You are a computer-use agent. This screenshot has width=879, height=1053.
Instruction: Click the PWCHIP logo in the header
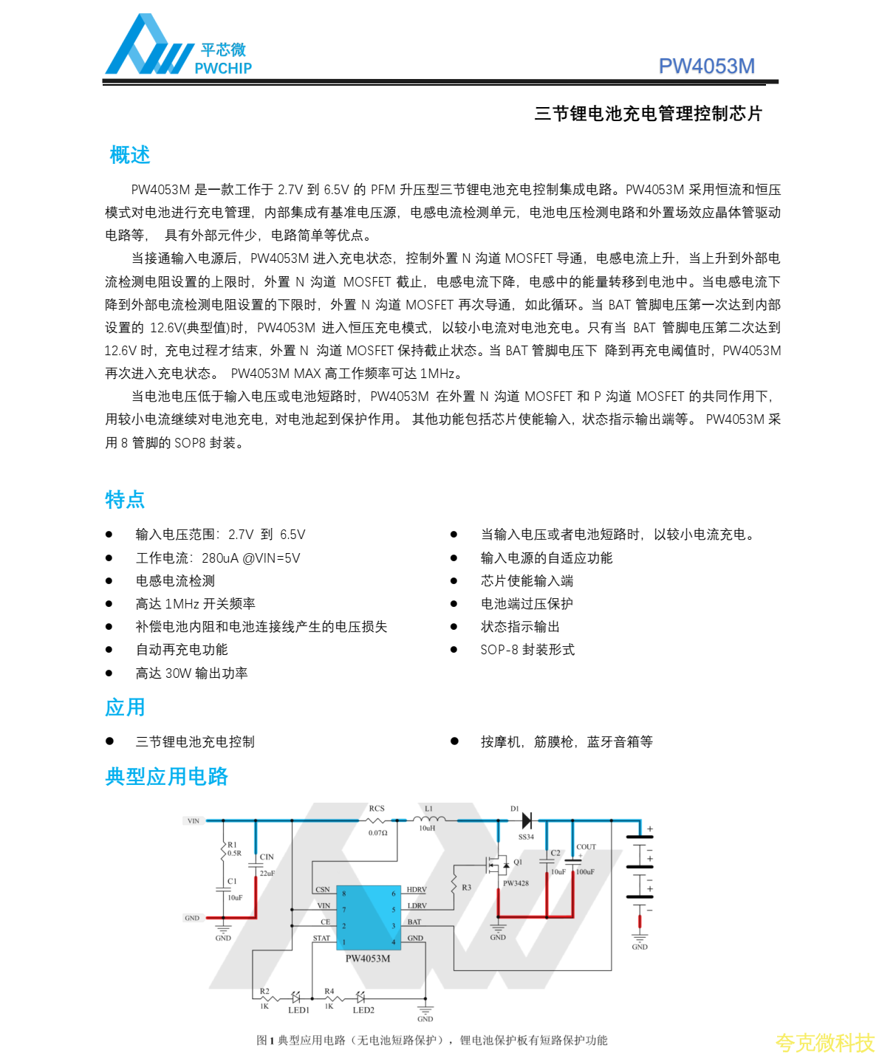[178, 47]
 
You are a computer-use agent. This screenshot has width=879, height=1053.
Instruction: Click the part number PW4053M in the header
[706, 66]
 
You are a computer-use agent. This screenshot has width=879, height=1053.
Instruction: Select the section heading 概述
[130, 155]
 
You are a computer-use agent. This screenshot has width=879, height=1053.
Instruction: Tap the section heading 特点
[125, 500]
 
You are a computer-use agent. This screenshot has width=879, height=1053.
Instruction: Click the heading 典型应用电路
[167, 777]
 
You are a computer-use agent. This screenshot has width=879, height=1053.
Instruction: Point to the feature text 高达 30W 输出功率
[191, 673]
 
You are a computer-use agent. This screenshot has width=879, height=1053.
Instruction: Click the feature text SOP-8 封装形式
[527, 650]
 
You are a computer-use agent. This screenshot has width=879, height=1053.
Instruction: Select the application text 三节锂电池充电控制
[195, 742]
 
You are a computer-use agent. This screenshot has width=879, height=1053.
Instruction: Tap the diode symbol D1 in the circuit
[527, 820]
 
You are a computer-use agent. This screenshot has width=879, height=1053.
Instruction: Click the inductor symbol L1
[429, 819]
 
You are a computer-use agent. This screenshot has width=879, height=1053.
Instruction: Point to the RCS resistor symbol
[377, 820]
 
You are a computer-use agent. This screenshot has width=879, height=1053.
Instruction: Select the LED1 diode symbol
[295, 997]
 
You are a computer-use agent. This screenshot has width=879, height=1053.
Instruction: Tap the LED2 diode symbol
[360, 997]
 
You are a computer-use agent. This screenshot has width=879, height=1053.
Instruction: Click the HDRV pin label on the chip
[417, 890]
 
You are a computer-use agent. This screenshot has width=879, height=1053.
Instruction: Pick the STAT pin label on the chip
[321, 939]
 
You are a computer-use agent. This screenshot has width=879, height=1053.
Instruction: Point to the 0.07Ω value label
[378, 833]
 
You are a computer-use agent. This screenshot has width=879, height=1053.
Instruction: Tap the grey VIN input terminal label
[193, 821]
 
